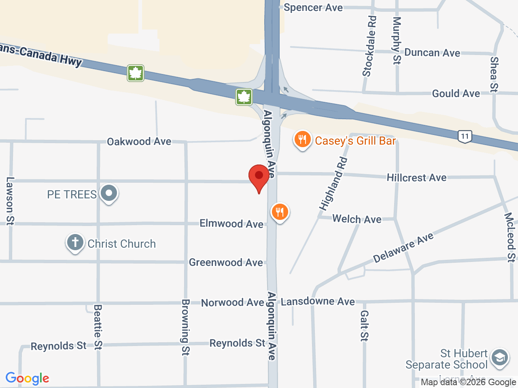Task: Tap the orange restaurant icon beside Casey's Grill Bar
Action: [302, 140]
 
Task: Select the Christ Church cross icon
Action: [75, 243]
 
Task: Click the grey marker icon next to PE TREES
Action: [109, 194]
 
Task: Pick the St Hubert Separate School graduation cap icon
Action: [499, 358]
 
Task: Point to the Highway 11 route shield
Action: [465, 136]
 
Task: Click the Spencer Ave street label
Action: [313, 8]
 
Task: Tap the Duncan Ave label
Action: [432, 53]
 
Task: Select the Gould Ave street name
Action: [456, 94]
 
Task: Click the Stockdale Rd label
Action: [369, 46]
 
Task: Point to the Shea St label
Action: [494, 74]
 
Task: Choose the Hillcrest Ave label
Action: [416, 178]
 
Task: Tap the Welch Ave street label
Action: [357, 219]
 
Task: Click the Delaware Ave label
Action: [403, 248]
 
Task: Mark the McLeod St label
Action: [510, 237]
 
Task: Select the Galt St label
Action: [364, 326]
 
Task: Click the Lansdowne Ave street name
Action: [318, 302]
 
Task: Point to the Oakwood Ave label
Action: [139, 141]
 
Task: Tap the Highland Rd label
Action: [333, 184]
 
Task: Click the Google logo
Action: [27, 379]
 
